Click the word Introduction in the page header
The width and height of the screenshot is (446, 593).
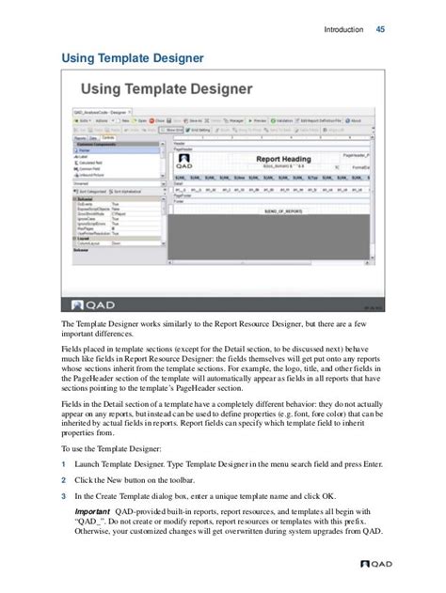[343, 29]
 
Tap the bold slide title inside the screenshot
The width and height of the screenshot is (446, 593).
[166, 91]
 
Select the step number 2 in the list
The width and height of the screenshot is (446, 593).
[63, 480]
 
